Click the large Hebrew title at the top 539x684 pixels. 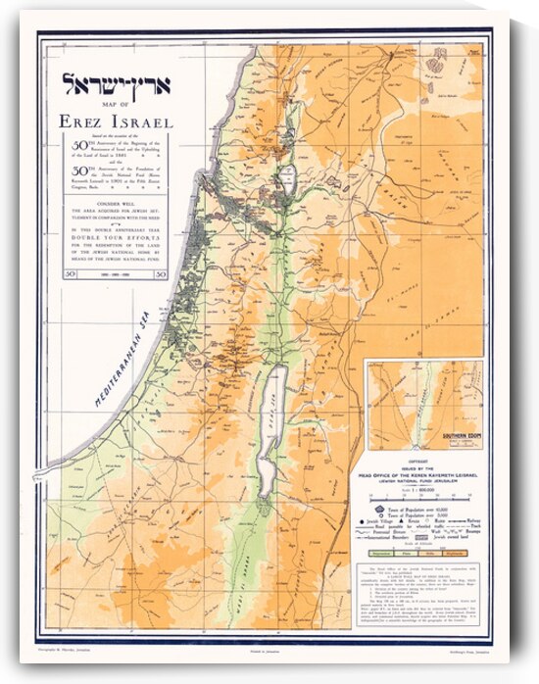[x=117, y=83]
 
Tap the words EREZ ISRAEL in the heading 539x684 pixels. [x=116, y=122]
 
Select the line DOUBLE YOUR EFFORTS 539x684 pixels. [x=116, y=236]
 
